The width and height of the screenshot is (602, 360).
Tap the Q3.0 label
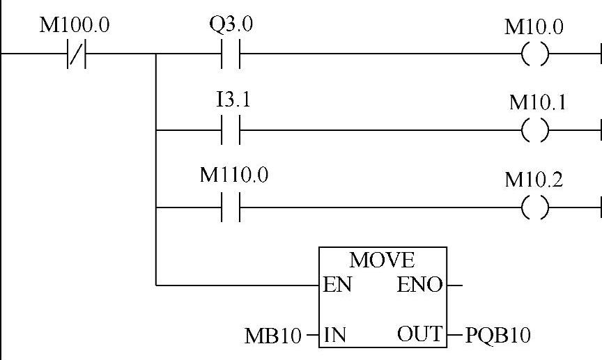click(x=231, y=26)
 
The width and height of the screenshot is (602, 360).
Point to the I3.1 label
click(x=233, y=100)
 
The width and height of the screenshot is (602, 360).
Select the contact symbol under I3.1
click(x=231, y=130)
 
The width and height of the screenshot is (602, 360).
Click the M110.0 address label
click(x=234, y=175)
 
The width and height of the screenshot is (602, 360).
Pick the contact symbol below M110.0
click(x=231, y=207)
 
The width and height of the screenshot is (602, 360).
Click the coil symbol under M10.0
click(x=534, y=54)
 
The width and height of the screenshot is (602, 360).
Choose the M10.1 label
click(x=537, y=102)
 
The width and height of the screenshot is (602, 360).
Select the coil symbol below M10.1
click(x=534, y=130)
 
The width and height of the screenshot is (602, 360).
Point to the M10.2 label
click(x=534, y=179)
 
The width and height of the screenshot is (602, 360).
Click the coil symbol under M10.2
click(x=534, y=207)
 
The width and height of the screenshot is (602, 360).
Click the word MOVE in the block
click(x=382, y=260)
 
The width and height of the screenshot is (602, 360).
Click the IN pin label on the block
click(x=336, y=335)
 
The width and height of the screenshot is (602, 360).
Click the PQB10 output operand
click(x=497, y=335)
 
